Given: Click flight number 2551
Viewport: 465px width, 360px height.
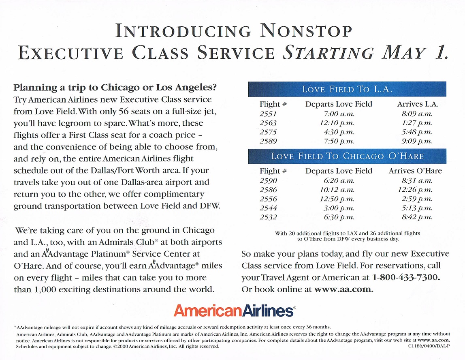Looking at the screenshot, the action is pos(268,114).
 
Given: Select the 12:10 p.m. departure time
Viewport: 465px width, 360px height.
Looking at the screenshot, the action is pos(337,123).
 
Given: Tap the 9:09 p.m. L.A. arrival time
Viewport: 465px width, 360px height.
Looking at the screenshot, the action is pos(417,141).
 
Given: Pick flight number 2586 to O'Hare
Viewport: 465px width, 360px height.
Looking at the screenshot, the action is pos(268,190).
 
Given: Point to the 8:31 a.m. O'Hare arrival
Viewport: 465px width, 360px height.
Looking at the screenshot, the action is pos(417,180).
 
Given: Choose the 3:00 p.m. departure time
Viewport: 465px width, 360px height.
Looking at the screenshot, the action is pos(339,208).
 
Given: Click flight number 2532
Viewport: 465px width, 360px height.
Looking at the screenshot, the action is pos(268,217).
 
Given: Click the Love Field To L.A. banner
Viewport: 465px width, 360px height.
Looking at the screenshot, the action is pos(347,89).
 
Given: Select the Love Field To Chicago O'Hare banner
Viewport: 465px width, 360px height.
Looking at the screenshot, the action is pos(347,156).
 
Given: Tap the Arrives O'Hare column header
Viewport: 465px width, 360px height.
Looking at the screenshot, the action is pos(415,171).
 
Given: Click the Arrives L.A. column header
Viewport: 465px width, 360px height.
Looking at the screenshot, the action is pos(418,104).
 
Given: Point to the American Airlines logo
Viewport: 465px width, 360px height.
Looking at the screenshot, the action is pos(235,311).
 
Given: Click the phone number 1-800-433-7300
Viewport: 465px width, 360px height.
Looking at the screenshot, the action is pos(406,277).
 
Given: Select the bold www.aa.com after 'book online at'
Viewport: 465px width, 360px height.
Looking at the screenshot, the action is pos(343,289).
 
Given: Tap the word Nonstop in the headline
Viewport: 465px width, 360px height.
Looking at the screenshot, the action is pos(306,31).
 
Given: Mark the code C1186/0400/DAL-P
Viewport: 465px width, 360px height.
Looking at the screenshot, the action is pos(429,346).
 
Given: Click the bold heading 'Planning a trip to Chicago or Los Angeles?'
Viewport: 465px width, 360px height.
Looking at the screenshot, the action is pos(115,88).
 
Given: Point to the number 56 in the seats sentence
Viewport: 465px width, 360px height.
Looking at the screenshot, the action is pos(124,111).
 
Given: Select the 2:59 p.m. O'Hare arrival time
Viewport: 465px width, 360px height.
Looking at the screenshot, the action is pos(417,199).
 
